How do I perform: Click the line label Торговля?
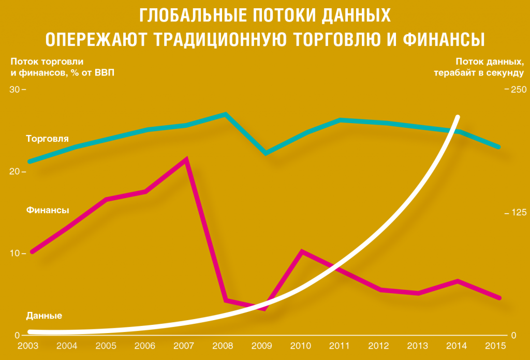coord(48,139)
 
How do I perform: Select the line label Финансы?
coord(48,211)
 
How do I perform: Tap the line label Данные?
coord(44,316)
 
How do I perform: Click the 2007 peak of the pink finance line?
coord(186,159)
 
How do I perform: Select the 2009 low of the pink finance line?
coord(265,309)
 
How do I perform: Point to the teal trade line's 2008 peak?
coord(225,114)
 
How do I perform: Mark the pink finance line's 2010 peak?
coord(302,252)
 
